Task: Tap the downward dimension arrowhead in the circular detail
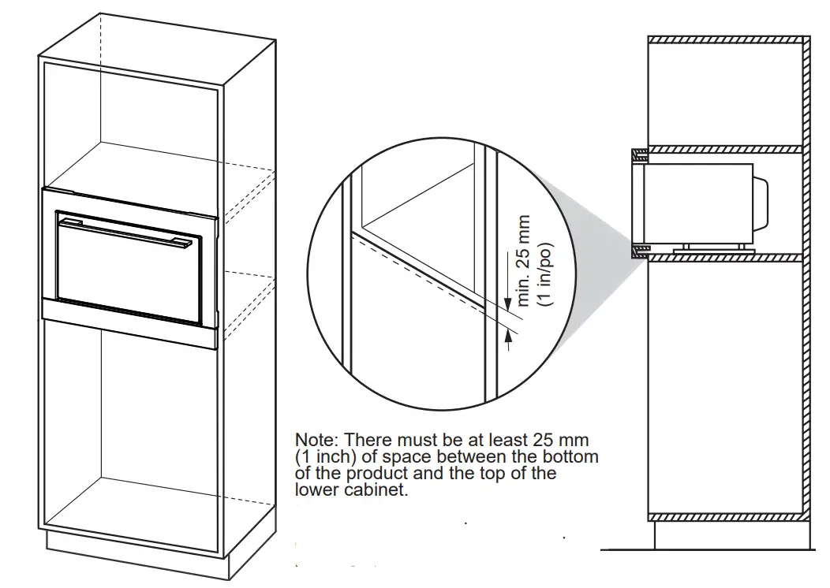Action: tap(507, 305)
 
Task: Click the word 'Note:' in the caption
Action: tap(317, 439)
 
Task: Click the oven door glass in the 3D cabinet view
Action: tap(130, 276)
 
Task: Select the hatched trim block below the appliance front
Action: tap(640, 252)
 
